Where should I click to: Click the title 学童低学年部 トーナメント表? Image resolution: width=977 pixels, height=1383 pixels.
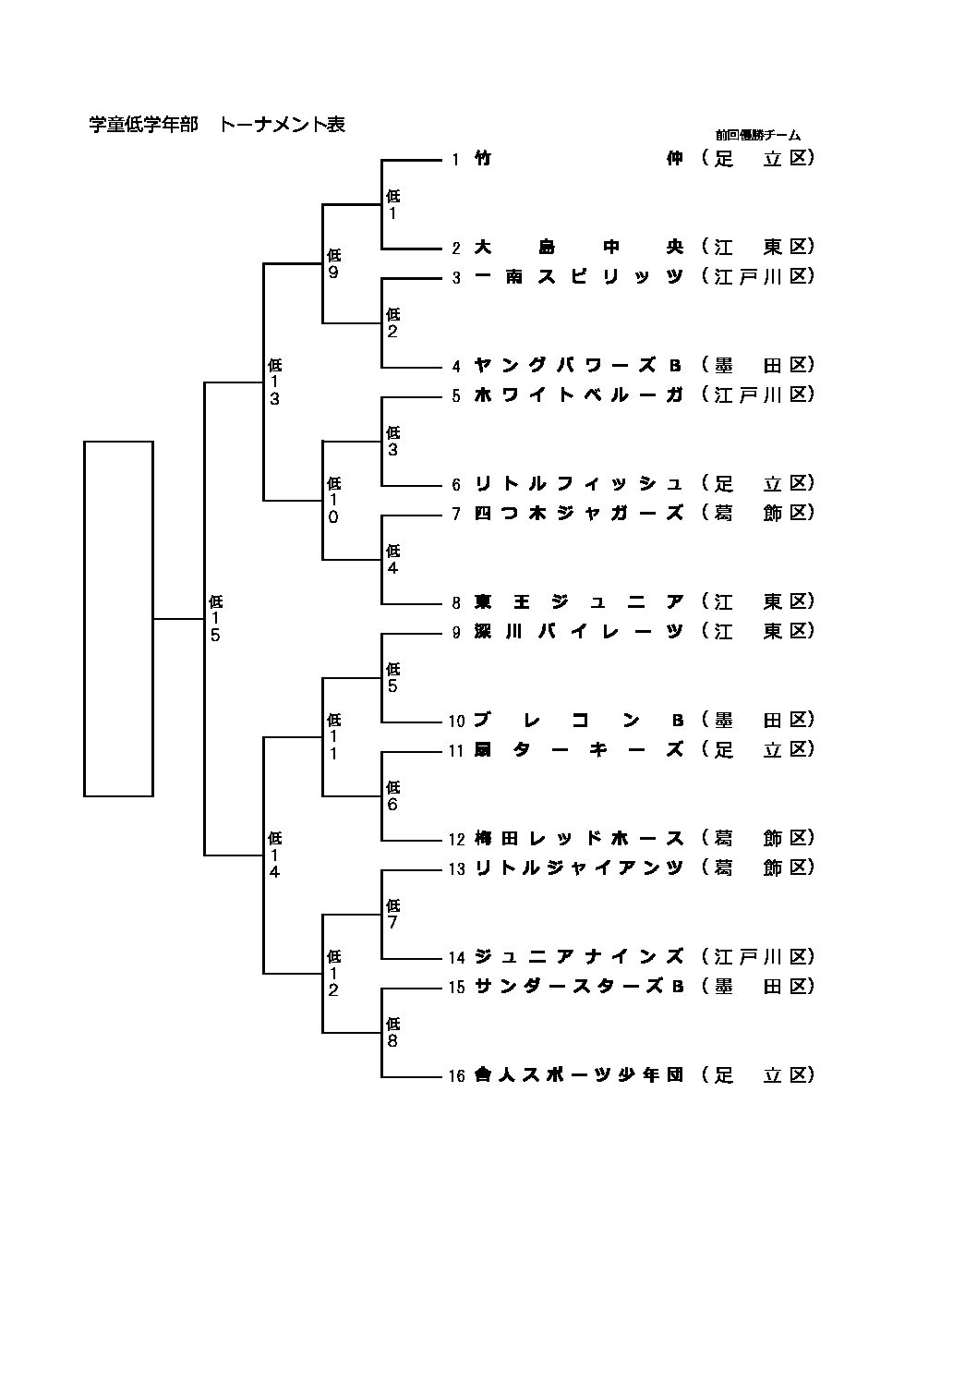(217, 125)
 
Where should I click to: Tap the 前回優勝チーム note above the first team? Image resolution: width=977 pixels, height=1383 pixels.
(757, 136)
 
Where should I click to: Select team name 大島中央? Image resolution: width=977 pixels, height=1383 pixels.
(578, 247)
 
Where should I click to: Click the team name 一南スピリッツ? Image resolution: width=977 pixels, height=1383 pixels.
(578, 276)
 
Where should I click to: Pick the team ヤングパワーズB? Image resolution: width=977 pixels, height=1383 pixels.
(578, 365)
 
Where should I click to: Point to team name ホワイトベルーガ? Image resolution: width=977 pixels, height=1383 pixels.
(578, 394)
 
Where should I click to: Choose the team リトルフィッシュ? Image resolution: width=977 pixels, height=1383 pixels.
(578, 483)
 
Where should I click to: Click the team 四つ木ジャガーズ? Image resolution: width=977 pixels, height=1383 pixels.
(578, 513)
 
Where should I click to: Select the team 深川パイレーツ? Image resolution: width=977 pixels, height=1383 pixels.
(578, 631)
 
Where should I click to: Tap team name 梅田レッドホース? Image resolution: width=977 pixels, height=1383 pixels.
(578, 838)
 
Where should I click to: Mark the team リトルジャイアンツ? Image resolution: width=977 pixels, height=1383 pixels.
(578, 867)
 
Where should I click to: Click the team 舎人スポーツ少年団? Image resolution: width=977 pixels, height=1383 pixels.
(578, 1074)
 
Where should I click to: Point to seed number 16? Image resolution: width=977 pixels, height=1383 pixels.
(456, 1075)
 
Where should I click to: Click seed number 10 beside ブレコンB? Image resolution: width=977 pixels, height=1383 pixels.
(456, 721)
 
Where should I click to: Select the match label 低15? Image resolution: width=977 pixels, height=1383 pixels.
(215, 618)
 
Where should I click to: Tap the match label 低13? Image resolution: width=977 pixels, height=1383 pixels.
(274, 382)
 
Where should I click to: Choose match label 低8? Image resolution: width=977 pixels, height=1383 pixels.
(392, 1032)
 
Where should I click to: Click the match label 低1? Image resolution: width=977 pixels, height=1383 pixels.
(392, 204)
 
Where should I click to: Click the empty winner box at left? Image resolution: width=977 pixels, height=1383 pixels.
(118, 618)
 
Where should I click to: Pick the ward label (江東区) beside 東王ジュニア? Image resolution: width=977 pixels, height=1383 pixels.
(757, 601)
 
